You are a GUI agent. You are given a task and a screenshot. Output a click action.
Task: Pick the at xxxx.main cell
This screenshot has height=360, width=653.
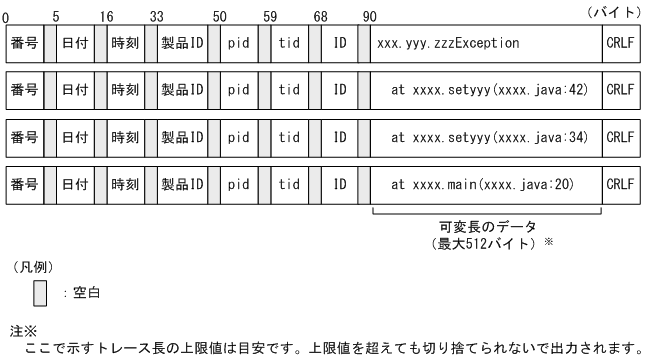click(x=487, y=185)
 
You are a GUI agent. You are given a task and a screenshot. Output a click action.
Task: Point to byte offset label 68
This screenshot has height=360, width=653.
click(x=320, y=17)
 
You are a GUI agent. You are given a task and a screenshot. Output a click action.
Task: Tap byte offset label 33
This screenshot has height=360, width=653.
click(x=156, y=17)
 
